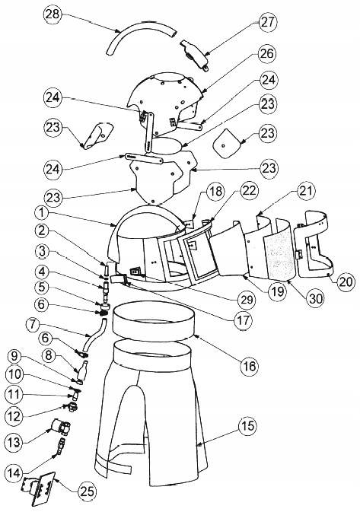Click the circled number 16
(x=249, y=367)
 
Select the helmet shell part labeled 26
(x=167, y=96)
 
